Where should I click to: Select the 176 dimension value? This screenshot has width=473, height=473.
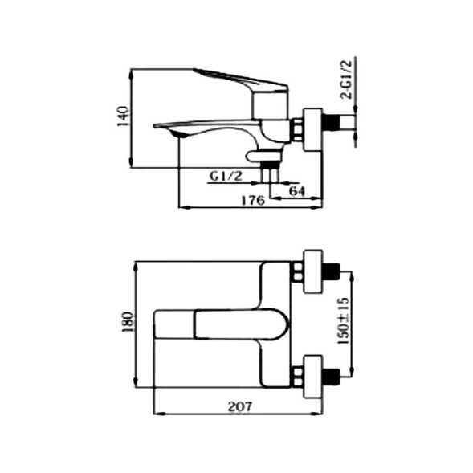tap(253, 201)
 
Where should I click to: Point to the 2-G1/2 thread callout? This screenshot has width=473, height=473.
tap(345, 79)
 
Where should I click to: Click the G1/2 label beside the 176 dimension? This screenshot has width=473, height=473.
tap(226, 176)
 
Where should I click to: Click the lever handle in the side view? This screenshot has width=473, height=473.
tap(241, 81)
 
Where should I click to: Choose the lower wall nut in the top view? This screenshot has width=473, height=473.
tap(310, 376)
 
